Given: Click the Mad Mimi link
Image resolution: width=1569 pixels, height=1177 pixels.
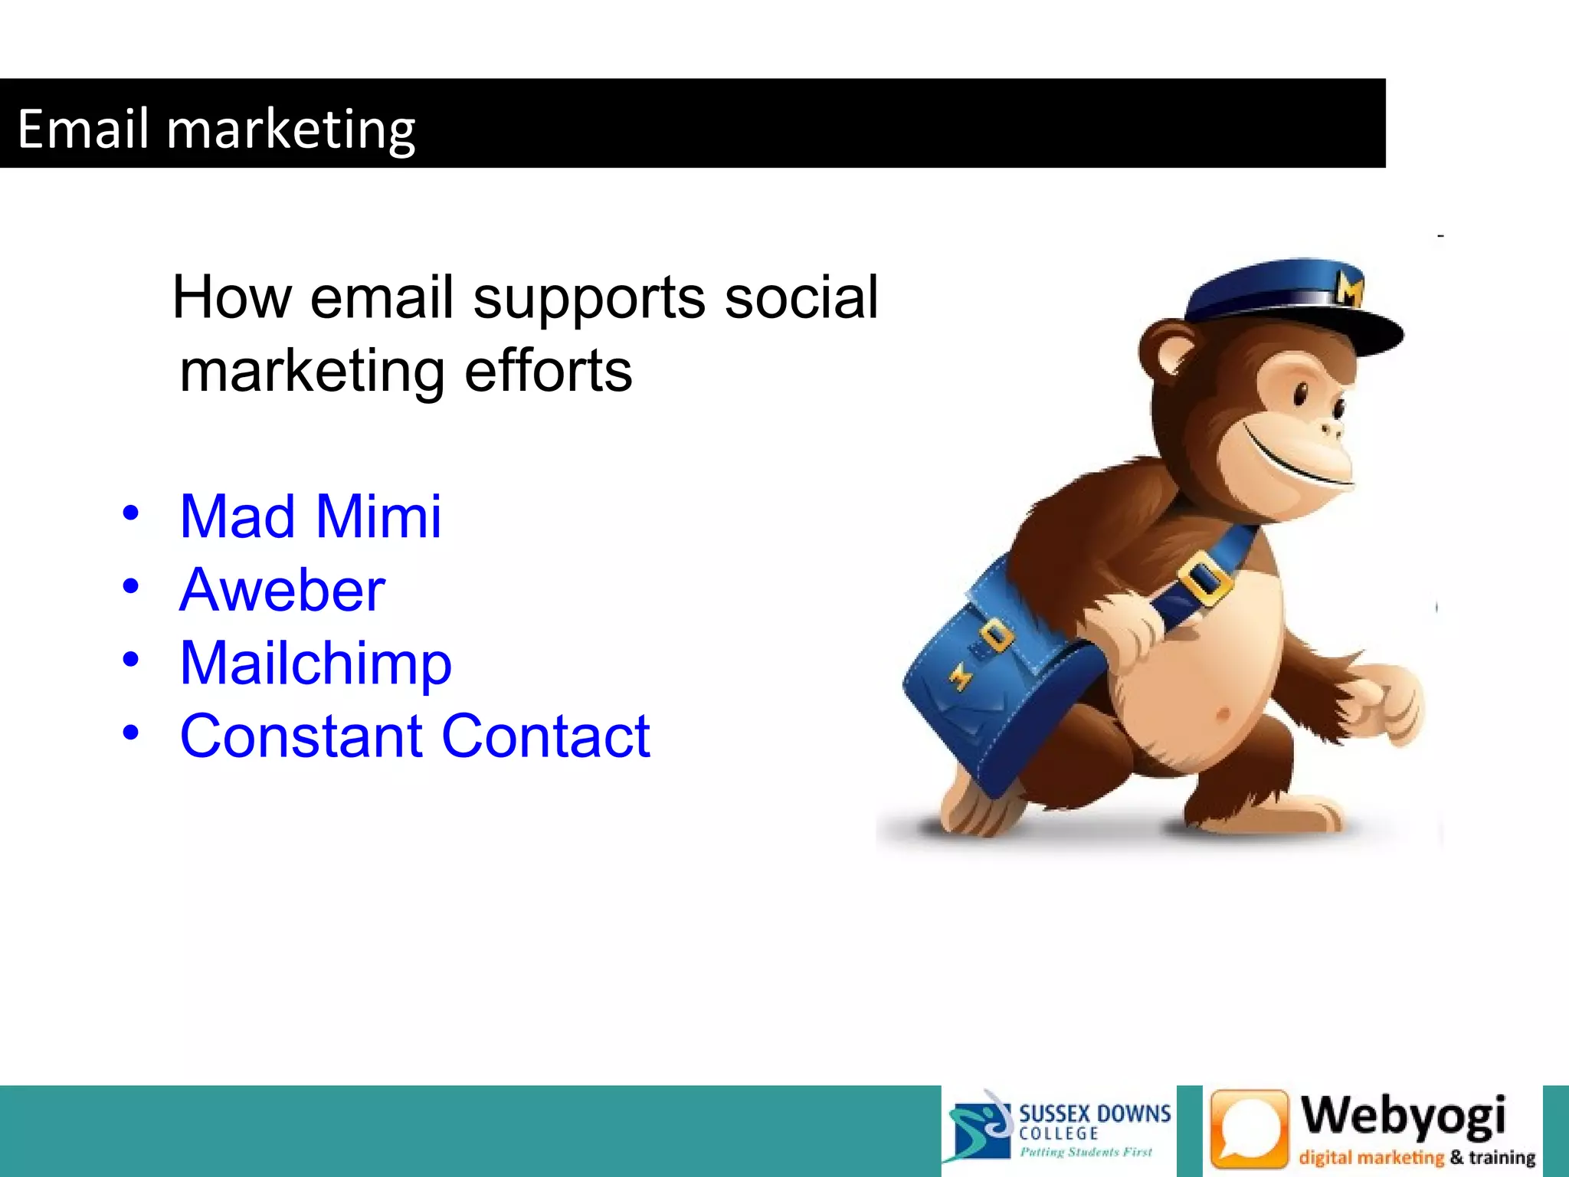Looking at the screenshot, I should (x=310, y=516).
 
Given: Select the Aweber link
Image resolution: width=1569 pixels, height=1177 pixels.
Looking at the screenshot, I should (x=282, y=590).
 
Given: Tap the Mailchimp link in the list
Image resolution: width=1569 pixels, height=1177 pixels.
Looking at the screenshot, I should (x=316, y=663).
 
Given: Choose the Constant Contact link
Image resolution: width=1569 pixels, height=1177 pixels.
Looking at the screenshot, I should (x=414, y=736).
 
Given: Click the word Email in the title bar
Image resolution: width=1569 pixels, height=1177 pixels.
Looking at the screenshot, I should (x=83, y=129).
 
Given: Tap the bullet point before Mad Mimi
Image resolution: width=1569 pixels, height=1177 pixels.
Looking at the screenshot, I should (x=131, y=513).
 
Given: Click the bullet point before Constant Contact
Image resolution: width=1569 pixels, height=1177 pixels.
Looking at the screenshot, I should (x=131, y=733).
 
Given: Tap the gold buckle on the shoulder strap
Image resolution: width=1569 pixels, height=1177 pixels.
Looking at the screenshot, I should (x=1205, y=579).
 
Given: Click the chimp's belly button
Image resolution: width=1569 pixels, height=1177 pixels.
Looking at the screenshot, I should (x=1223, y=715).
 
